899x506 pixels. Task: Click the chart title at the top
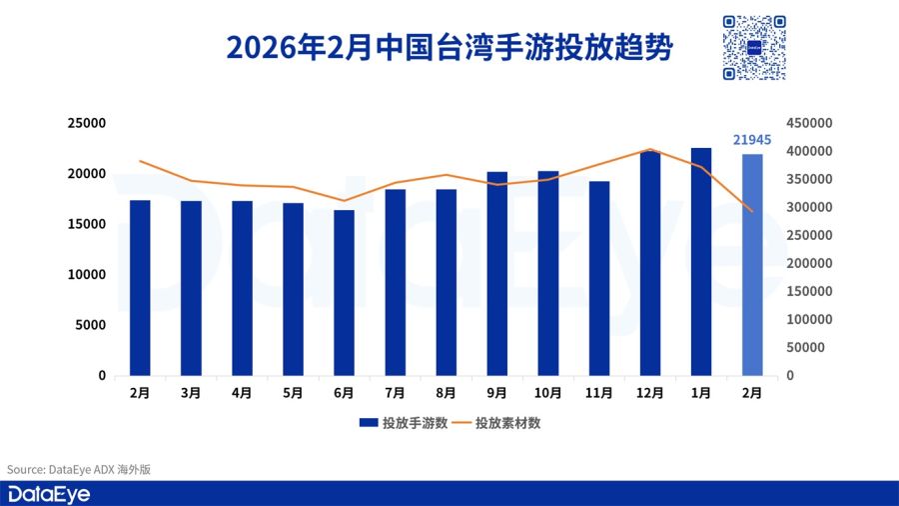click(x=449, y=47)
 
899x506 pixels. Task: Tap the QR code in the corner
click(x=754, y=47)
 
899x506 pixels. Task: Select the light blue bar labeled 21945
click(x=752, y=265)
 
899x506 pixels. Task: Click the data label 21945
click(x=752, y=140)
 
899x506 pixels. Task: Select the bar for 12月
click(x=650, y=264)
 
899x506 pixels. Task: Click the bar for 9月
click(x=497, y=274)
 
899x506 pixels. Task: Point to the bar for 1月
click(x=701, y=262)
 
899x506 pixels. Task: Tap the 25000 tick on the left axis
click(x=86, y=123)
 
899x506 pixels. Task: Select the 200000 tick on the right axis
click(x=809, y=263)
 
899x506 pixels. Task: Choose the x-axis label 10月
click(x=548, y=394)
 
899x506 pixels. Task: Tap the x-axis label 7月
click(x=395, y=394)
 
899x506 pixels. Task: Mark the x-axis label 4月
click(x=242, y=394)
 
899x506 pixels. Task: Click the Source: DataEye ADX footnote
click(x=79, y=469)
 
